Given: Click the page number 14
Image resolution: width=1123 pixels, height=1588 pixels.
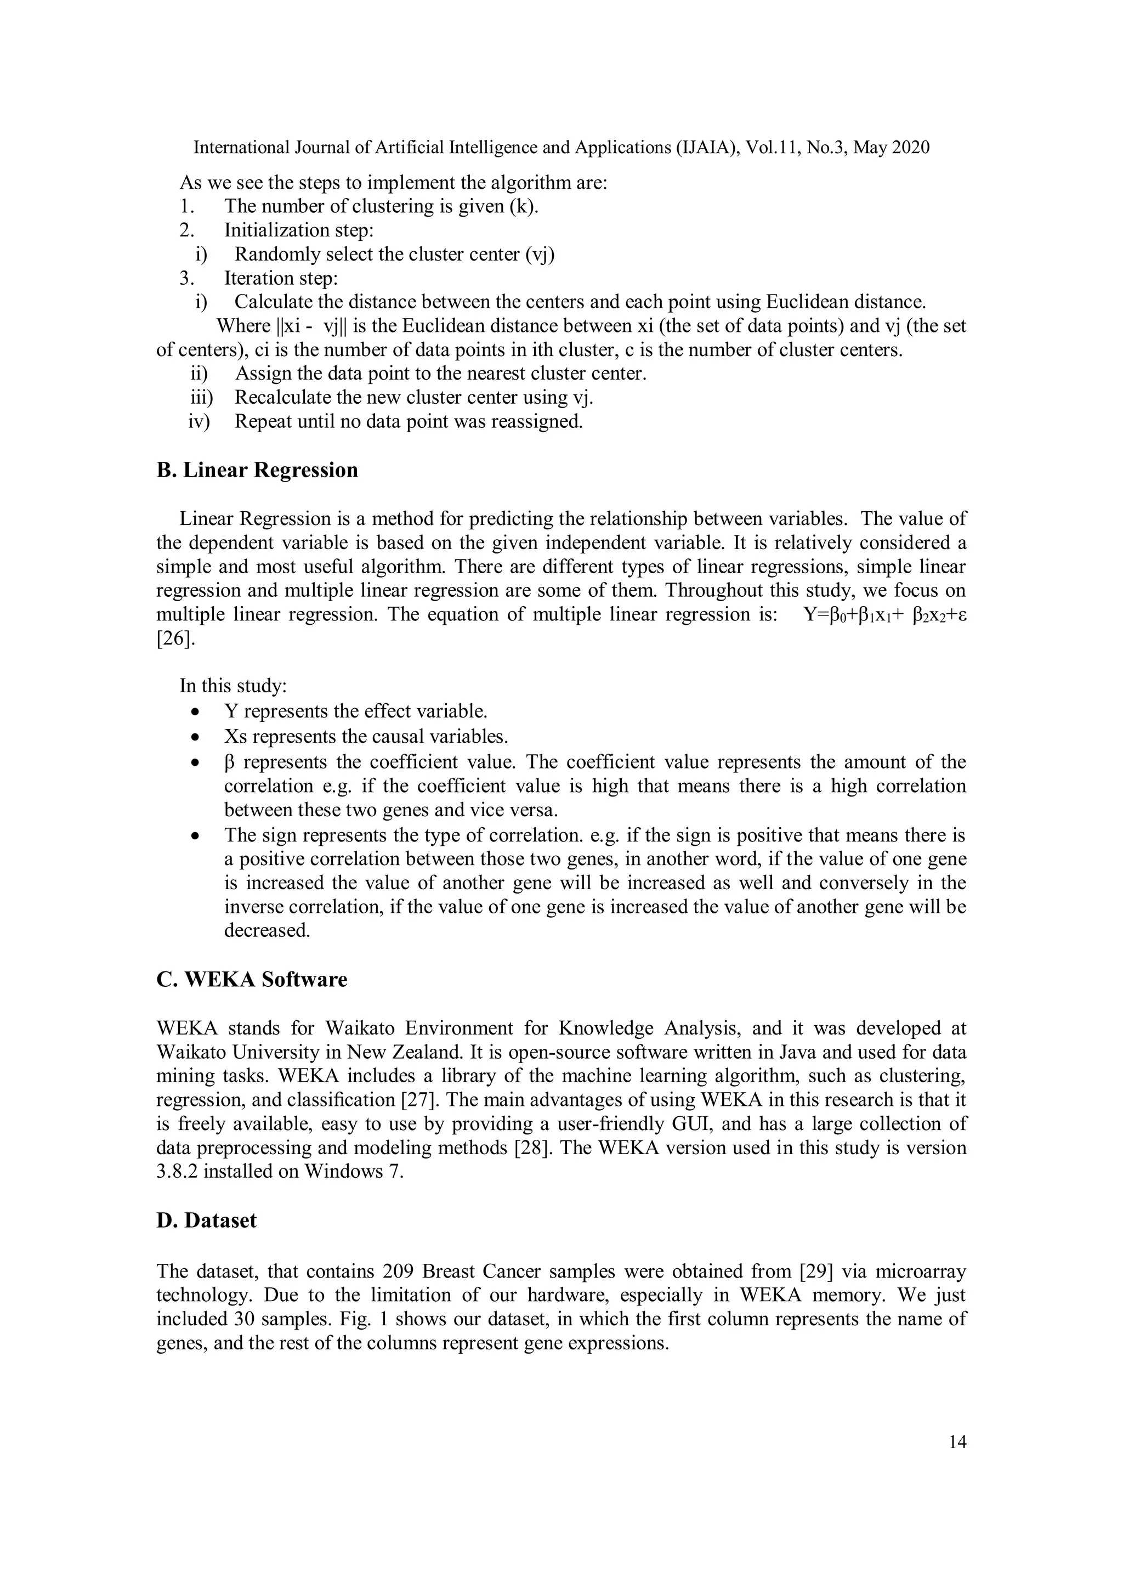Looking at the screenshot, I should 957,1442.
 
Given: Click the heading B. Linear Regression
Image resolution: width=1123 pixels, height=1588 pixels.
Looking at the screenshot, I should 257,470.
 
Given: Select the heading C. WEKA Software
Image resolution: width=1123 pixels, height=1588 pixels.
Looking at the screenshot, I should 252,980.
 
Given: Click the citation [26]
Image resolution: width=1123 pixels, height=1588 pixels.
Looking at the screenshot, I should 175,638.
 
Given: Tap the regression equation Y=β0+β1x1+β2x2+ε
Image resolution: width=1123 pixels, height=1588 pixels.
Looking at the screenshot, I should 884,615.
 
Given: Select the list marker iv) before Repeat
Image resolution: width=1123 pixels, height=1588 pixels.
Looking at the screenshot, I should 198,421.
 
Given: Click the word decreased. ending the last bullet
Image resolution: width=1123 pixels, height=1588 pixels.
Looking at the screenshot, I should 267,931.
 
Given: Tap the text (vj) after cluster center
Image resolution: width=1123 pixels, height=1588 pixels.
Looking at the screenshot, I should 540,255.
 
